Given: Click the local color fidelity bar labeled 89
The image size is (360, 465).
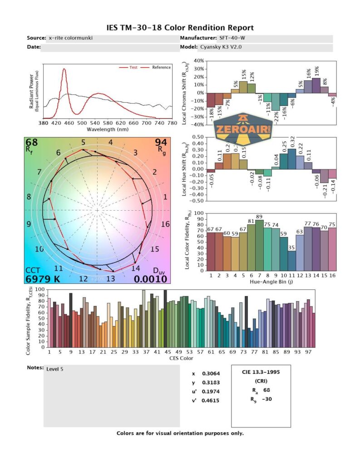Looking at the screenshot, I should [x=259, y=245].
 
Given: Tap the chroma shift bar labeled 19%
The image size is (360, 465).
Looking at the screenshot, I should [x=316, y=85].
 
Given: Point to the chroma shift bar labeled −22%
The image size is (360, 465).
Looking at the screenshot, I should [x=276, y=101].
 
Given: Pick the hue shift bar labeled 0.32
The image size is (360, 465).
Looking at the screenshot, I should [x=292, y=159].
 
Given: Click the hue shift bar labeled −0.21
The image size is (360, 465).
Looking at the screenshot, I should [x=324, y=176].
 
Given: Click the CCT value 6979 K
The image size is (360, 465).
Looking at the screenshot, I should [x=44, y=279].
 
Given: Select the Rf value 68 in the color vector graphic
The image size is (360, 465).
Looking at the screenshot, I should [x=32, y=143].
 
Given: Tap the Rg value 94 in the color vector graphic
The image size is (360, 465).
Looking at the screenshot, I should [x=161, y=143].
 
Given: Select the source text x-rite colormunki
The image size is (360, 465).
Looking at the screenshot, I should [x=70, y=38].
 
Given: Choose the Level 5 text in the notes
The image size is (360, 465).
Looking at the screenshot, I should [x=55, y=369].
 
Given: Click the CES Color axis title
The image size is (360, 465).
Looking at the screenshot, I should [x=182, y=358].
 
